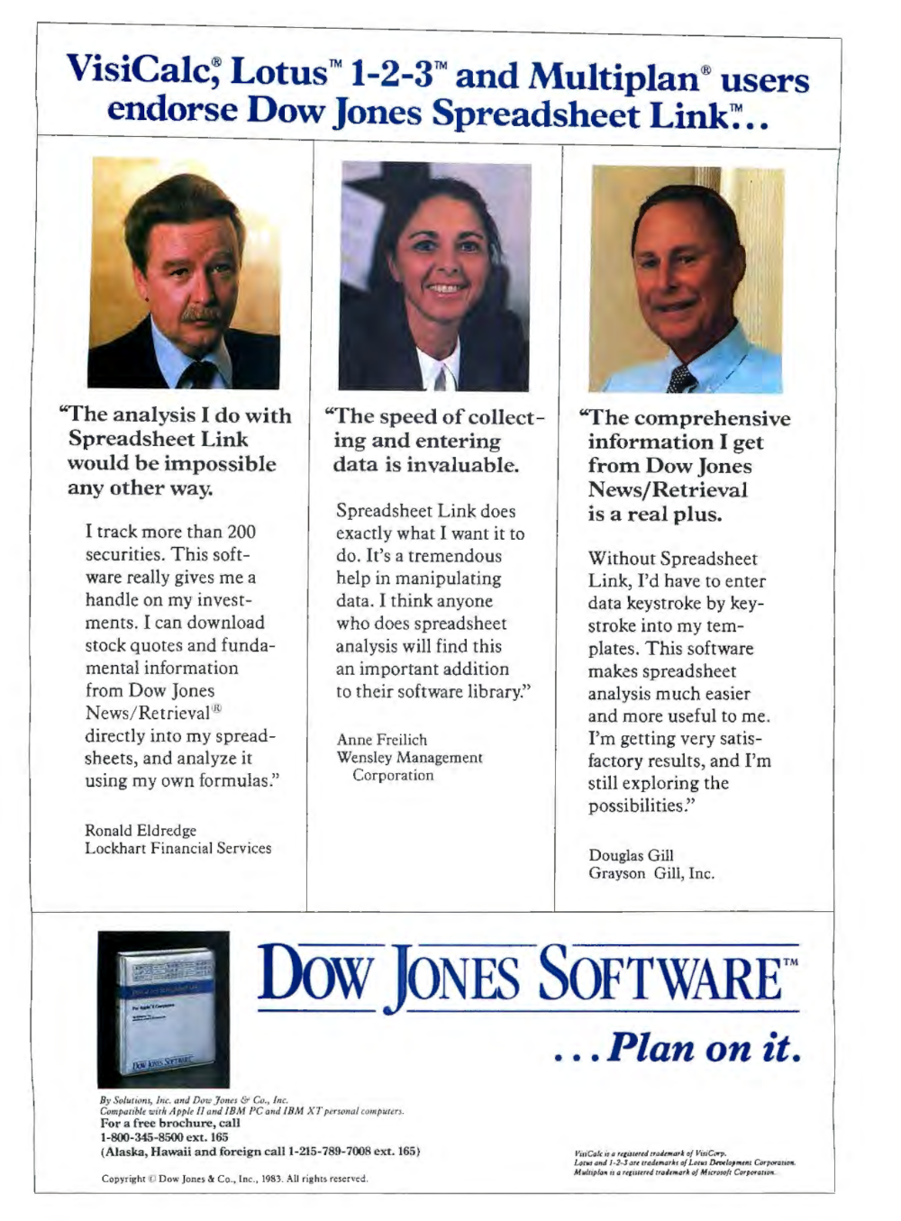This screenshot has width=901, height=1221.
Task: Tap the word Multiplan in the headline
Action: point(613,77)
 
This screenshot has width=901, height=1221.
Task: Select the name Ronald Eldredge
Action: point(141,830)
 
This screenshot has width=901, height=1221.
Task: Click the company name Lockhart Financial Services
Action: point(177,848)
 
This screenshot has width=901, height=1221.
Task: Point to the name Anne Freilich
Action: point(382,739)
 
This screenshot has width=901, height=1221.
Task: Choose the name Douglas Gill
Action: point(631,855)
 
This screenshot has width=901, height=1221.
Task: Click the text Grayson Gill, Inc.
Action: point(651,873)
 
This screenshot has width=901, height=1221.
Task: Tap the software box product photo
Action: point(164,1008)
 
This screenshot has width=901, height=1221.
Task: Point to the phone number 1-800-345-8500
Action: point(139,1137)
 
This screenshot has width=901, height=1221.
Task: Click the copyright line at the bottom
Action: point(234,1179)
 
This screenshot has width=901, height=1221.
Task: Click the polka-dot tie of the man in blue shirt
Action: point(682,378)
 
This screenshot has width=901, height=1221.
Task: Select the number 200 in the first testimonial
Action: point(241,532)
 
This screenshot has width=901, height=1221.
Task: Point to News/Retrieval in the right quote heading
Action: point(668,489)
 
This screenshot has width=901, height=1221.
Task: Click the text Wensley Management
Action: point(409,757)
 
